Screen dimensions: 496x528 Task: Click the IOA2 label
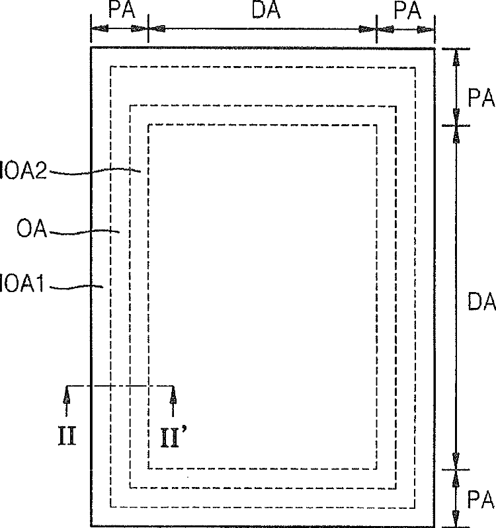click(x=23, y=170)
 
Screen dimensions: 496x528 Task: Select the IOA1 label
click(x=22, y=283)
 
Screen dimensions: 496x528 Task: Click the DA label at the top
click(x=267, y=9)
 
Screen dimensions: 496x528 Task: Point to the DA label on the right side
click(x=481, y=301)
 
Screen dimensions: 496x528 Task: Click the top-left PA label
click(x=122, y=9)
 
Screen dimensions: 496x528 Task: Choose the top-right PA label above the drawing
click(x=407, y=10)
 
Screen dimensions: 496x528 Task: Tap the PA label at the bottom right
click(x=481, y=500)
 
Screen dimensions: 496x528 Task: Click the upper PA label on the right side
click(x=481, y=98)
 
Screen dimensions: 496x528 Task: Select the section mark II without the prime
click(x=67, y=435)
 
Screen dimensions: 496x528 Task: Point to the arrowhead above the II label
click(x=67, y=395)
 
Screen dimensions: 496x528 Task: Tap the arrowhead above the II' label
click(x=173, y=395)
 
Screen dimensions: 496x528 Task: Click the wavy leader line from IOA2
click(x=95, y=170)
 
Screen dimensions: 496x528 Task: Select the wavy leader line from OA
click(x=84, y=232)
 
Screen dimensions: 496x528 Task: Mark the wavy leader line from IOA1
click(x=77, y=287)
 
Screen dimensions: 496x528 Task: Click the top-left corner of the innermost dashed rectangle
click(x=148, y=125)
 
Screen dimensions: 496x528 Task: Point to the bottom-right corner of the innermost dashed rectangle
click(x=376, y=469)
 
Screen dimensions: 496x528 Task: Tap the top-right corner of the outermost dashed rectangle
click(x=415, y=67)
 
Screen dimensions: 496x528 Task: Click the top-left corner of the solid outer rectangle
click(x=91, y=48)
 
